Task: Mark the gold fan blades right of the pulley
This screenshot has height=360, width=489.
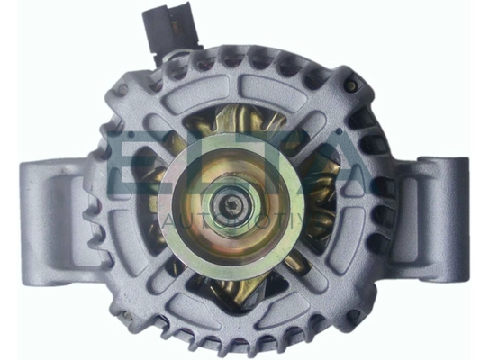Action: click(315, 216)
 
